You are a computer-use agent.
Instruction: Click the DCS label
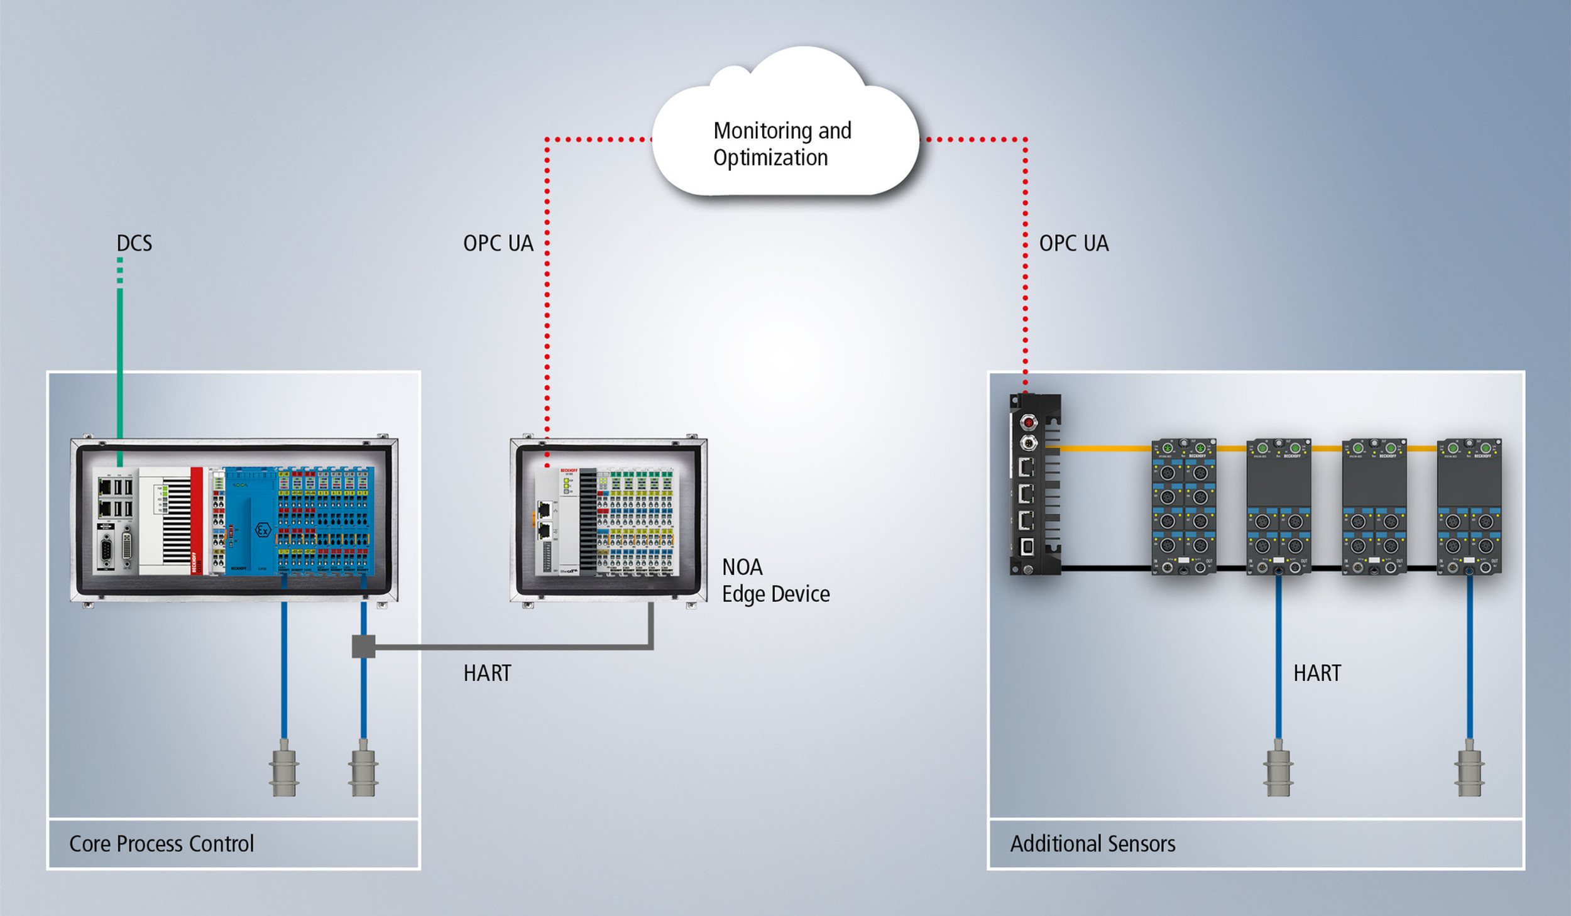[134, 243]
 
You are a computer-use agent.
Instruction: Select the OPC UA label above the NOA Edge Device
[498, 243]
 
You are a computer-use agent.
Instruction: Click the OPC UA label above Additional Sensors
[1073, 243]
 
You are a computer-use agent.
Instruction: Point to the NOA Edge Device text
[775, 581]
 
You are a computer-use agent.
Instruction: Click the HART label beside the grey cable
[487, 673]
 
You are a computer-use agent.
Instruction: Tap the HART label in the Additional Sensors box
[1316, 673]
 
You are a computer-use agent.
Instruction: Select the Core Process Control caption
[161, 844]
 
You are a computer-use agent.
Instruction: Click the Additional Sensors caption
[1092, 844]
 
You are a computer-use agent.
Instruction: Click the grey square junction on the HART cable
[363, 646]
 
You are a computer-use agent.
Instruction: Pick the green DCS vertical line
[119, 364]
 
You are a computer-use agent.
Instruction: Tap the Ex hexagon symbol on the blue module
[263, 530]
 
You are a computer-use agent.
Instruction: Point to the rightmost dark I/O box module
[1469, 506]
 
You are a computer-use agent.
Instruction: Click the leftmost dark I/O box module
[1183, 506]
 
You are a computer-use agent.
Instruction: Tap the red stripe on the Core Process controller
[197, 520]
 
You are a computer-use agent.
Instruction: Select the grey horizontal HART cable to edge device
[503, 646]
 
